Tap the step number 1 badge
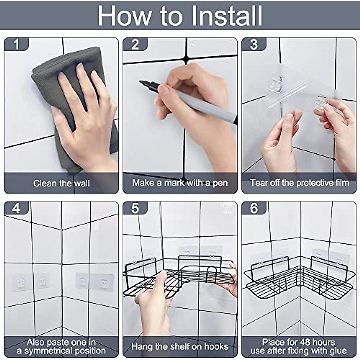16,44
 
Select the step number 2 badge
135,44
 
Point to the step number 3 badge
254,44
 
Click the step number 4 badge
16,208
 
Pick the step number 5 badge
135,208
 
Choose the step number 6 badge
254,208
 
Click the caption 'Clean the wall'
62,183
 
